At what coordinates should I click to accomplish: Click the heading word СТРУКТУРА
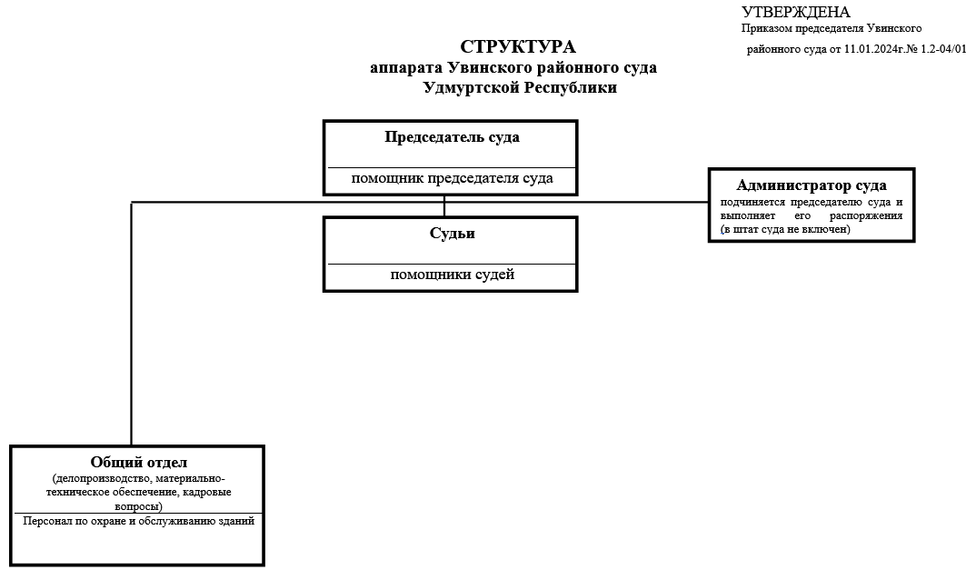click(x=518, y=47)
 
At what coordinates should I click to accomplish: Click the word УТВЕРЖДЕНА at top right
click(x=796, y=12)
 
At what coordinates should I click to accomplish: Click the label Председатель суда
click(x=452, y=138)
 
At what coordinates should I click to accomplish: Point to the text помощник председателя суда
click(x=452, y=179)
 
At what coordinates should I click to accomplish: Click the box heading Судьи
click(x=452, y=234)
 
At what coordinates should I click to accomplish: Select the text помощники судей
click(x=452, y=275)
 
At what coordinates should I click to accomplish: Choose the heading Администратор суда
click(x=812, y=185)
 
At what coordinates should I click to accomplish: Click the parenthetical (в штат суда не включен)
click(x=784, y=230)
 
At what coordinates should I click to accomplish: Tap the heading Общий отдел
click(x=138, y=463)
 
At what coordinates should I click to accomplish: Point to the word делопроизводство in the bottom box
click(x=100, y=478)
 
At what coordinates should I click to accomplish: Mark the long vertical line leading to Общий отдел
click(x=132, y=327)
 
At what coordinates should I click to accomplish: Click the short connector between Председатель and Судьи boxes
click(x=444, y=206)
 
